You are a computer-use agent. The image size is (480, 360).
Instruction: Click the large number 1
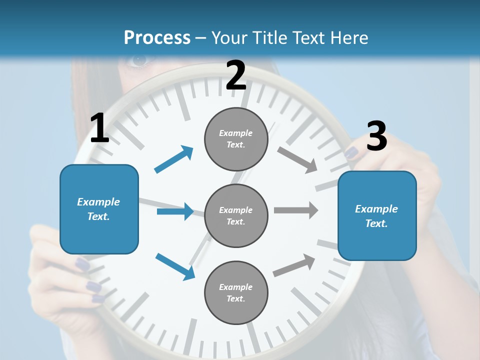[x=99, y=128]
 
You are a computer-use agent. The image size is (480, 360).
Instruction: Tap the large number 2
[x=236, y=75]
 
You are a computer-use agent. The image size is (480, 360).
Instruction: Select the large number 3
[x=376, y=136]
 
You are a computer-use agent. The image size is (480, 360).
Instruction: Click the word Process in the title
[x=157, y=37]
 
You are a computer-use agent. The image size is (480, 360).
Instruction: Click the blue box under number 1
[x=99, y=209]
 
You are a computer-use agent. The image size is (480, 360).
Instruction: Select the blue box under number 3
[x=377, y=215]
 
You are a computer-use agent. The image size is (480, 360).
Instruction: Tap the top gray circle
[x=236, y=139]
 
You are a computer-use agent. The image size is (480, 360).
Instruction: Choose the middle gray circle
[x=236, y=215]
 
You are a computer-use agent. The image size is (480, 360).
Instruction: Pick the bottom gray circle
[x=236, y=292]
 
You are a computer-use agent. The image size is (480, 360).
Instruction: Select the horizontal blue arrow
[x=175, y=211]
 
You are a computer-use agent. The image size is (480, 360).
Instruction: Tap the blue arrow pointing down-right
[x=175, y=266]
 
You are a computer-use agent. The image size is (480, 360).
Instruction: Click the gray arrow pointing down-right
[x=297, y=159]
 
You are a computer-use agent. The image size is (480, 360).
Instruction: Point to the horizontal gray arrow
[x=296, y=210]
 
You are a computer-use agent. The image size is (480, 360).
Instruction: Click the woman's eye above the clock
[x=138, y=60]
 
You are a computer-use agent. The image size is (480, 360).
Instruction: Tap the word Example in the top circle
[x=235, y=133]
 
